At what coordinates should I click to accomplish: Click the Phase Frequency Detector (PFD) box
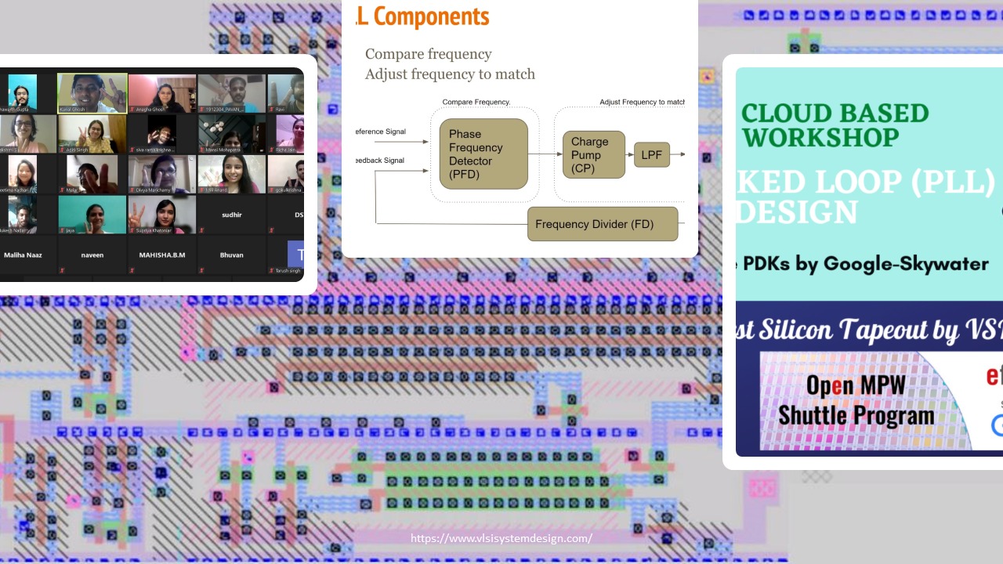tap(483, 154)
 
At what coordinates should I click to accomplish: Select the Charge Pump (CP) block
tap(593, 154)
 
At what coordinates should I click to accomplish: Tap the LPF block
tap(651, 155)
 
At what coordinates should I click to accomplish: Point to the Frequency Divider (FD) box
tap(602, 224)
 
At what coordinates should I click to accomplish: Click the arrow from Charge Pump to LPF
tap(629, 154)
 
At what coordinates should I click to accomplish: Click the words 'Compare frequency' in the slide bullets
tap(428, 54)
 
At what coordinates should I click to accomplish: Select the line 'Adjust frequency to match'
tap(450, 74)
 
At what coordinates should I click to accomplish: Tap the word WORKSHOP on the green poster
tap(820, 138)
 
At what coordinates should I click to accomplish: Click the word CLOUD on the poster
tap(780, 113)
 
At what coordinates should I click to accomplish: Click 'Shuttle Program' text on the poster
tap(856, 415)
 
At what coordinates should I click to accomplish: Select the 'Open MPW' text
tap(856, 385)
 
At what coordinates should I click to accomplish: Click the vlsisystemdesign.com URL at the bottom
tap(501, 538)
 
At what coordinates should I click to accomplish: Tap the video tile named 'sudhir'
tap(232, 214)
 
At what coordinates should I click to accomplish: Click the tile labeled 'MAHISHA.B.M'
tap(162, 255)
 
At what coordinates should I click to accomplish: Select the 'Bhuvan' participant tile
tap(232, 255)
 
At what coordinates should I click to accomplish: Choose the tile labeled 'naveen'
tap(92, 255)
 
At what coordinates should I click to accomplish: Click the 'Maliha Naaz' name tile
tap(24, 255)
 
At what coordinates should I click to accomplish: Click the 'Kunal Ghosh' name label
tap(72, 110)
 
